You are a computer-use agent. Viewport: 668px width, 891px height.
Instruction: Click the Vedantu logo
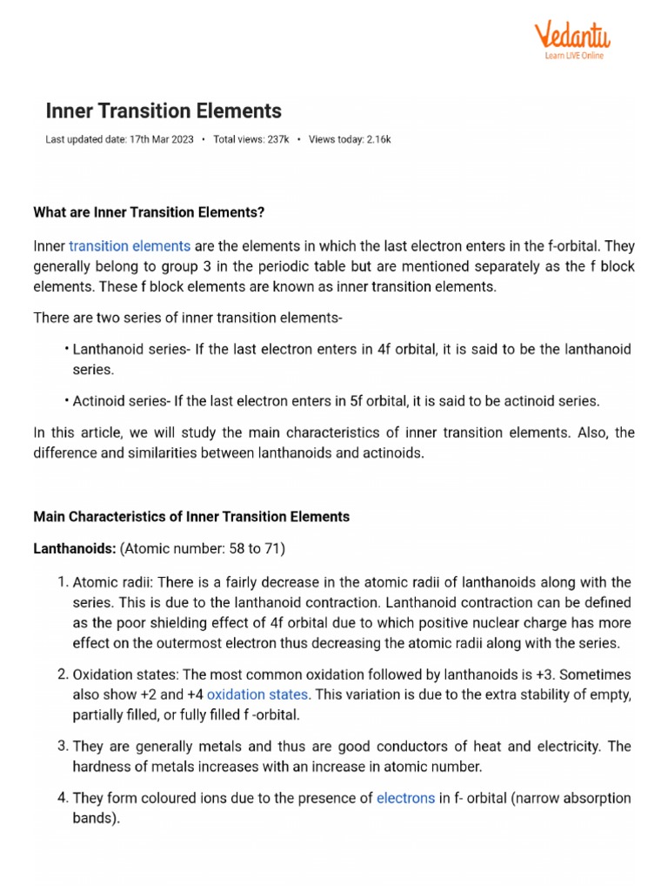(x=571, y=36)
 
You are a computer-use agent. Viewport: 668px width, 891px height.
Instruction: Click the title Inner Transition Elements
(x=164, y=111)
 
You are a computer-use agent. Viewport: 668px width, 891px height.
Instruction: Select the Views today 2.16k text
(x=350, y=139)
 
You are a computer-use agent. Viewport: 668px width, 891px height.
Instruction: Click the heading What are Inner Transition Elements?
(x=149, y=212)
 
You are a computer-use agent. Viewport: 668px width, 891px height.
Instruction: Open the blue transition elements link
(x=130, y=246)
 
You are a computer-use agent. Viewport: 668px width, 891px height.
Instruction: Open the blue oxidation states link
(x=257, y=694)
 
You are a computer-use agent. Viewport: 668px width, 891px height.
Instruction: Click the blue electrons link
(x=405, y=798)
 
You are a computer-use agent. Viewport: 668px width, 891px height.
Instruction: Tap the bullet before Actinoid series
(x=66, y=401)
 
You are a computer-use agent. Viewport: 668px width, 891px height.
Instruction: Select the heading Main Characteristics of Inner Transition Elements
(x=191, y=517)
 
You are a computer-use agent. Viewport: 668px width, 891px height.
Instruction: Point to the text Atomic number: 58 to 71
(x=203, y=549)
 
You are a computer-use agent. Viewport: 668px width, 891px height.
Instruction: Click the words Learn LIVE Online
(x=574, y=56)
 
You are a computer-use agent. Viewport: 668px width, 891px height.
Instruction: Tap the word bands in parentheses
(x=94, y=819)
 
